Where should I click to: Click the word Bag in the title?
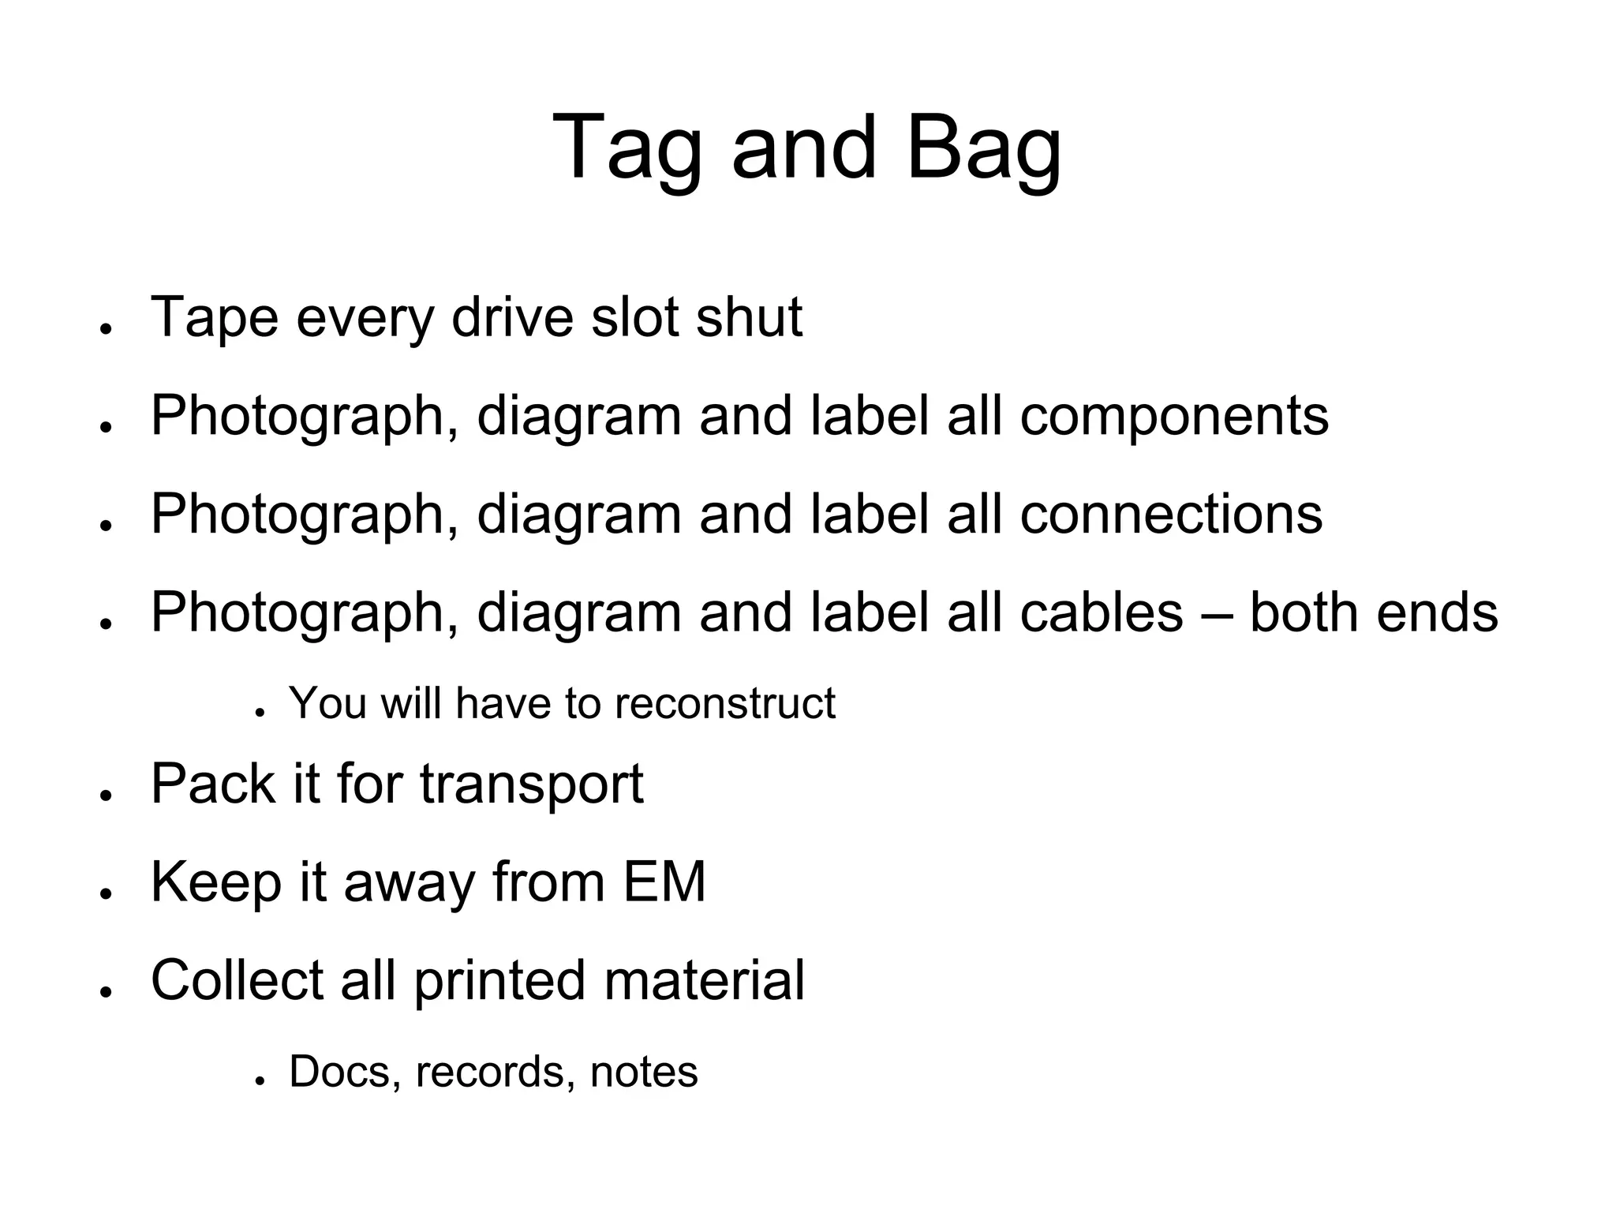(x=983, y=148)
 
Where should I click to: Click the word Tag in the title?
(x=627, y=148)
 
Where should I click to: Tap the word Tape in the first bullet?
(x=215, y=317)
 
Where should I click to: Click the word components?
(x=1174, y=417)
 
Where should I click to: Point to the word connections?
(x=1171, y=515)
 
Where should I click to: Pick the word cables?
(x=1102, y=612)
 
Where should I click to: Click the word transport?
(x=531, y=784)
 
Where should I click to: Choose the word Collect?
(x=237, y=980)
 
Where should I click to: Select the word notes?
(x=644, y=1073)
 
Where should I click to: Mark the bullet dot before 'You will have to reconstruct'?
(x=259, y=712)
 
